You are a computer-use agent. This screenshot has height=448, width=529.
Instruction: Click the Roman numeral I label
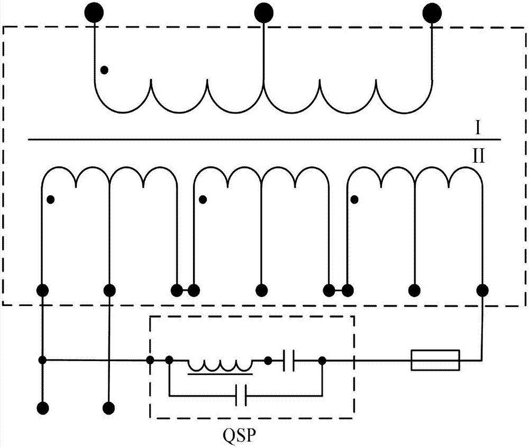478,128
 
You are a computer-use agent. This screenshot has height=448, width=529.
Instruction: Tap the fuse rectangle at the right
435,360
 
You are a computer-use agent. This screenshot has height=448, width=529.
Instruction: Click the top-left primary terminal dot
94,13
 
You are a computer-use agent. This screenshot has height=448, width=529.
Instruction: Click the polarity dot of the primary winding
105,69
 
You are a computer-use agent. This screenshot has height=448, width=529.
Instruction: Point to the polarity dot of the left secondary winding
51,200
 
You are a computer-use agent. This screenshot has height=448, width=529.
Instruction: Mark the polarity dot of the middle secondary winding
202,200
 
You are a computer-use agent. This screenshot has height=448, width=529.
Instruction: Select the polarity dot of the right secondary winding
354,200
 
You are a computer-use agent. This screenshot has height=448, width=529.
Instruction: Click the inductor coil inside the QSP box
221,365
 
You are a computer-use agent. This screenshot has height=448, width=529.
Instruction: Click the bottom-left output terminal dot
42,408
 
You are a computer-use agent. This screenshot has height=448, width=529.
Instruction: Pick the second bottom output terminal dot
108,408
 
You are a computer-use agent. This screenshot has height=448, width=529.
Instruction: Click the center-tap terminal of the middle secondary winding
261,290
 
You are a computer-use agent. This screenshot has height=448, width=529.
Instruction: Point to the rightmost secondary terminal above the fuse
482,290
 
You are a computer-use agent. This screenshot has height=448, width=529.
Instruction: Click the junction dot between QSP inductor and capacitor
268,361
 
